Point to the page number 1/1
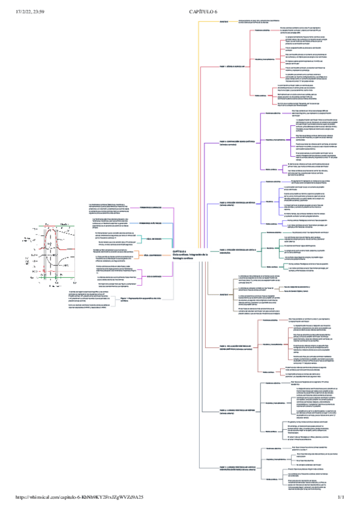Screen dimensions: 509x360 [343, 498]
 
